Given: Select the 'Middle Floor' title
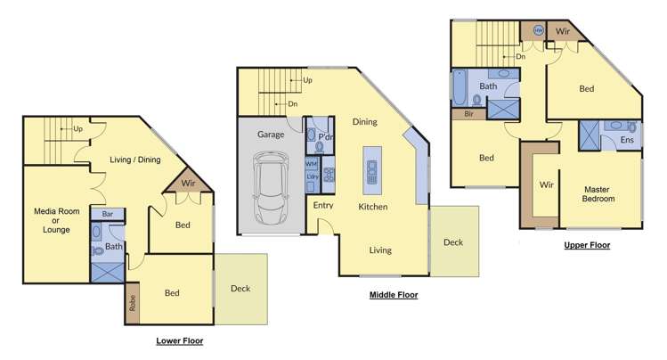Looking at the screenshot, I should [393, 294].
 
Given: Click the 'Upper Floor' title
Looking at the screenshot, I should [587, 244].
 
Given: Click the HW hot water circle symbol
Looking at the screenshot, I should [538, 30].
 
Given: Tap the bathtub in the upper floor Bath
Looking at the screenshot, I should [460, 86].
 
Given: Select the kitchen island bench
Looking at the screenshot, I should [371, 170].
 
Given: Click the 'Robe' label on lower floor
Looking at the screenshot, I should [133, 302].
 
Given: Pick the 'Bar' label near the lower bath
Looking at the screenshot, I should [107, 214].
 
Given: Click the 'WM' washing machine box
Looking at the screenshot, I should [312, 164].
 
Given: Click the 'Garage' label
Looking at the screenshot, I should [271, 135].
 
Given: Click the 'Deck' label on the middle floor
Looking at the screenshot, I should [453, 241].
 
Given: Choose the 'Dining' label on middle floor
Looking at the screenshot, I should [364, 122].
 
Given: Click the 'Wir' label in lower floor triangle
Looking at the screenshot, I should [188, 183].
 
